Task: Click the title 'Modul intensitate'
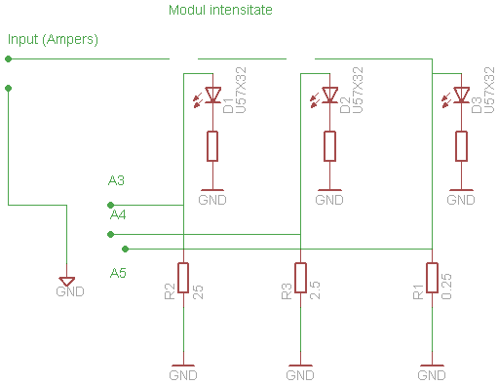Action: [x=220, y=11]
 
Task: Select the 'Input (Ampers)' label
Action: [x=53, y=39]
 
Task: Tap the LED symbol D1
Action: [x=211, y=95]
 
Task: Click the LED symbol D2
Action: [x=329, y=95]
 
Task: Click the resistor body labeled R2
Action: [x=183, y=278]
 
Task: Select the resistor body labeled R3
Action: [x=300, y=278]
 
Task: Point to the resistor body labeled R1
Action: [x=432, y=278]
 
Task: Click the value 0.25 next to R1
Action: [x=446, y=284]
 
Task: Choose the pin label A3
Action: [x=117, y=180]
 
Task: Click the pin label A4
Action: [x=118, y=214]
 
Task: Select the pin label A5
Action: [x=118, y=272]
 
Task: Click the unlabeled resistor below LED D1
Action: [x=211, y=146]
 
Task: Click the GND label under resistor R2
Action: [x=183, y=374]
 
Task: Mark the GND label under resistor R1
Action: [x=432, y=374]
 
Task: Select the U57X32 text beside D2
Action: [x=357, y=91]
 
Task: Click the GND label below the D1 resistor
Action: [x=211, y=200]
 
